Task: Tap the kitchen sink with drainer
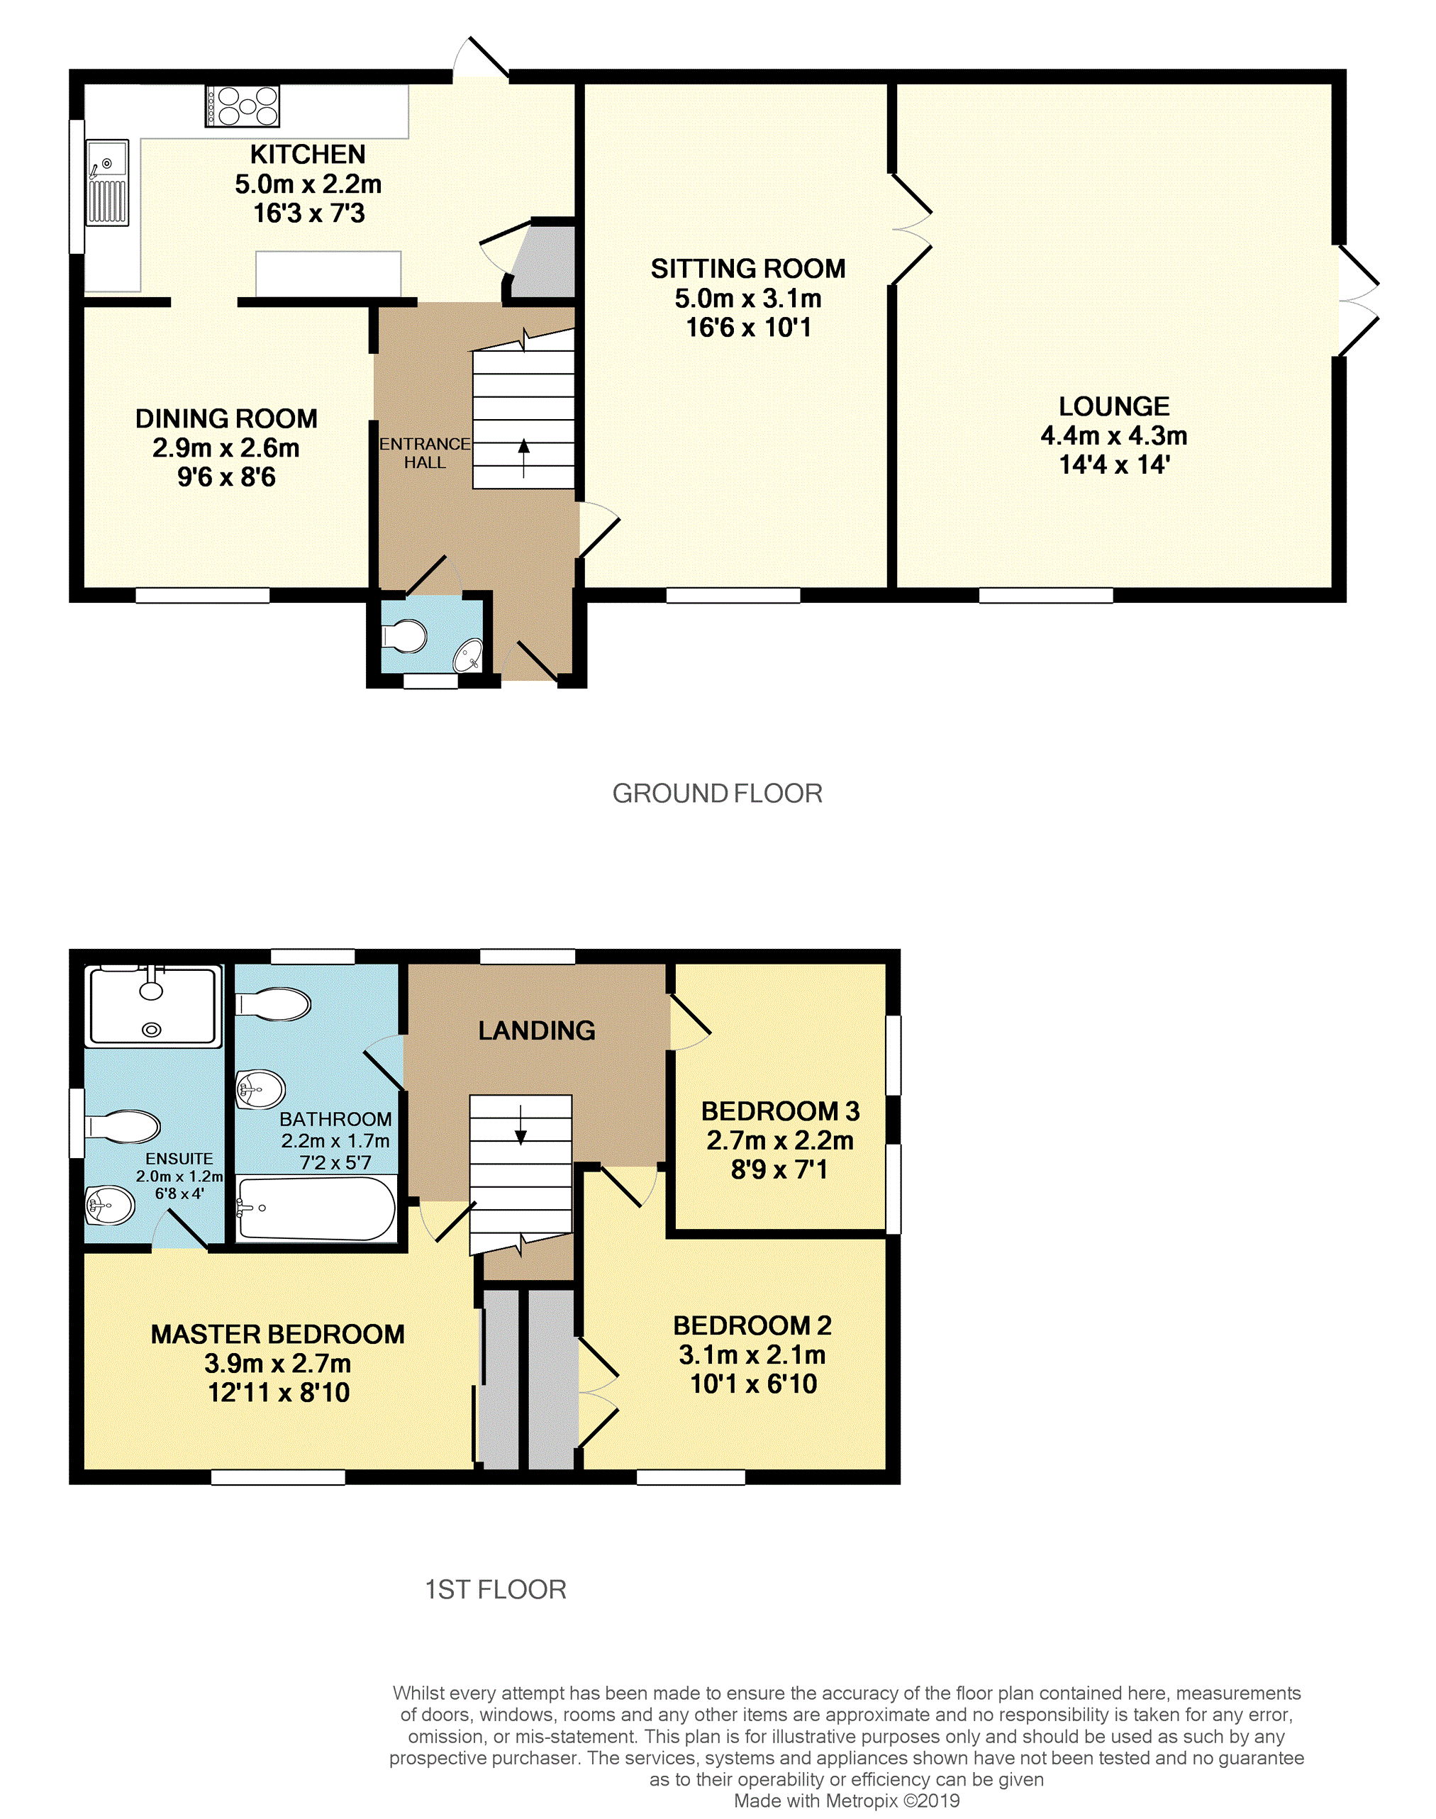point(108,182)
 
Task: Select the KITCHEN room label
point(308,155)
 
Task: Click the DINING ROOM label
point(226,418)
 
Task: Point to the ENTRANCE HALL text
point(425,452)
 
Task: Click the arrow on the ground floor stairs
point(524,457)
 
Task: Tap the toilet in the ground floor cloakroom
point(404,636)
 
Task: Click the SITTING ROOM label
point(748,269)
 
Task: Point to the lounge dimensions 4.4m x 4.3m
point(1114,435)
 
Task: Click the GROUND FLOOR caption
point(717,794)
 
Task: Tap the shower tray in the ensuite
point(153,1006)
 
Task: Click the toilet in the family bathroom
point(272,1003)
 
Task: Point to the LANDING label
point(536,1030)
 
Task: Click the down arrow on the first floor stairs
point(521,1125)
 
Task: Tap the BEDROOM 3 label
point(780,1111)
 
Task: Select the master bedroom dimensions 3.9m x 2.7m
point(277,1364)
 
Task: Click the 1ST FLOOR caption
point(495,1589)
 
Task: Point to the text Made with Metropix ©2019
point(847,1801)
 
